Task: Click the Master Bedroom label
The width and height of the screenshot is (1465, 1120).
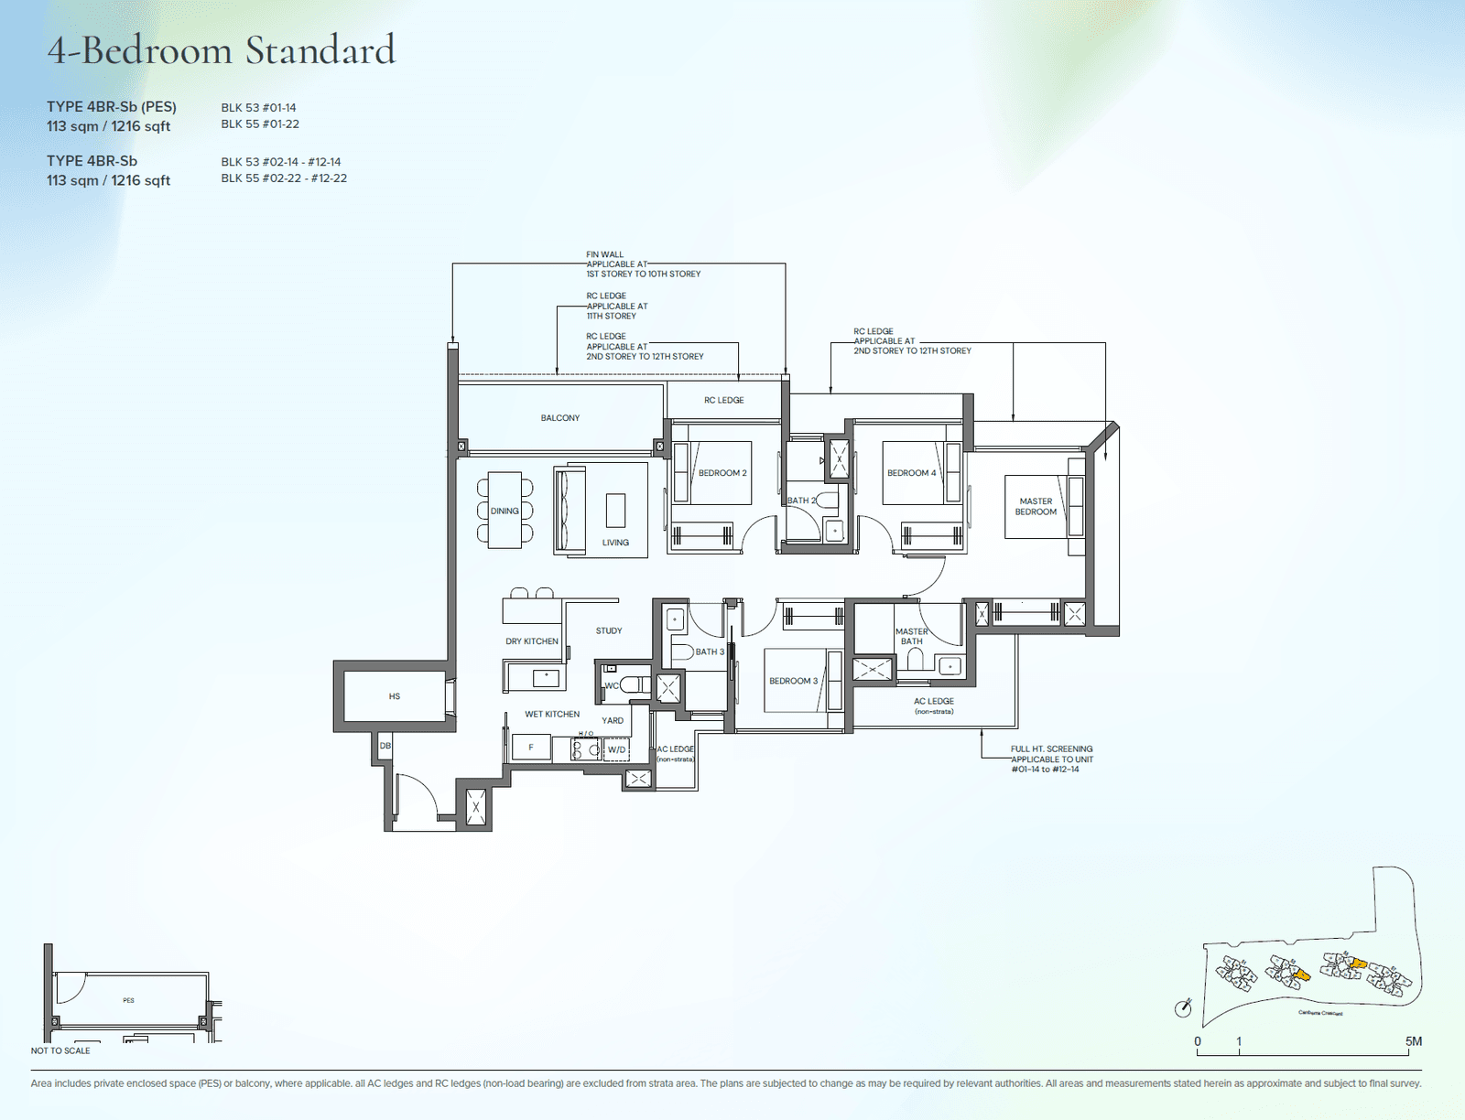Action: [x=1036, y=507]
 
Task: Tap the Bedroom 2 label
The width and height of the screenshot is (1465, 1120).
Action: [x=722, y=473]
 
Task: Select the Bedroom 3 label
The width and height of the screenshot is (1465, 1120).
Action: [x=793, y=681]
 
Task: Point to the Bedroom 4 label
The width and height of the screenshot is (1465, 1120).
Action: [x=911, y=473]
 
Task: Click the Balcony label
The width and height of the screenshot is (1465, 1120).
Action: [x=560, y=418]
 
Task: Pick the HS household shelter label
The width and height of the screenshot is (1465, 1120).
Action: [x=395, y=696]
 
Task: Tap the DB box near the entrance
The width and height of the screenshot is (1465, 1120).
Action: [x=385, y=746]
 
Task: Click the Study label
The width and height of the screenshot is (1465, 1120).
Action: [x=609, y=630]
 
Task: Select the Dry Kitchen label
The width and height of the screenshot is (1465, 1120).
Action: [x=532, y=641]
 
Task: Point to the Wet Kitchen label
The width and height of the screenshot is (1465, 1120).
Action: [x=552, y=714]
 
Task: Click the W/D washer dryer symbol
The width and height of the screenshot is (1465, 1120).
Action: [x=617, y=750]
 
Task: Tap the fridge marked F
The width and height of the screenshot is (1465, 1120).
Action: [x=531, y=748]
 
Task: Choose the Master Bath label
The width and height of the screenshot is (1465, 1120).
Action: [x=911, y=636]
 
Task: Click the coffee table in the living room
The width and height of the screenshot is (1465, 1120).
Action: [x=616, y=511]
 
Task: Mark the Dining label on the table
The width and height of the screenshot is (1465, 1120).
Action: [x=505, y=511]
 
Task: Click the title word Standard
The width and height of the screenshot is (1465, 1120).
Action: [x=320, y=50]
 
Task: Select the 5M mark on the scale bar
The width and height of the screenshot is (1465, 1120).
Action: [x=1414, y=1041]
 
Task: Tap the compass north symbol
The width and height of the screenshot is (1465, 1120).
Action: [x=1183, y=1008]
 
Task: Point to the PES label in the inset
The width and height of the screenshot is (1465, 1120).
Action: [x=128, y=1000]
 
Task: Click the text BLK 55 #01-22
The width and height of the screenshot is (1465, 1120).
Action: [x=260, y=124]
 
